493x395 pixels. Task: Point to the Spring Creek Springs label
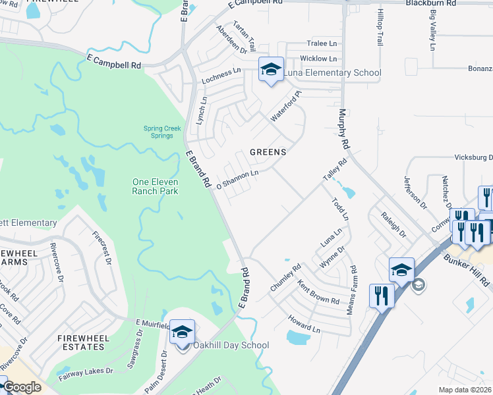[x=159, y=132]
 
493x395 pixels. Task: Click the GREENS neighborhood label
[x=268, y=152]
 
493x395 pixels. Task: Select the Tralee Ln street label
[x=322, y=43]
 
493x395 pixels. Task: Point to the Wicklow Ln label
[x=319, y=59]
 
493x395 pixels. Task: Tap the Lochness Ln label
[x=221, y=72]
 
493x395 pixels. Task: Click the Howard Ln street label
[x=303, y=323]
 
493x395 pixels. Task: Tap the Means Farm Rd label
[x=353, y=289]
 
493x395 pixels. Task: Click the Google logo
[x=22, y=388]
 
